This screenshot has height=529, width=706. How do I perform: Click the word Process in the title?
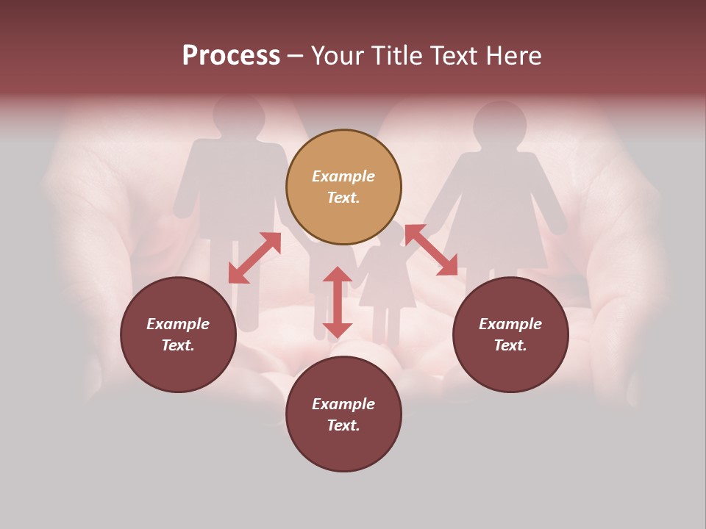coord(231,56)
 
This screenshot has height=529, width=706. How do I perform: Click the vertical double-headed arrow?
coord(338,302)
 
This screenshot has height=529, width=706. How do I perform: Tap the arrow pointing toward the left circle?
coord(254,258)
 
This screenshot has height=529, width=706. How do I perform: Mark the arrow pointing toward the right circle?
coord(431,250)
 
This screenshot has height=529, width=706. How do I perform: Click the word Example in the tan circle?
coord(343,176)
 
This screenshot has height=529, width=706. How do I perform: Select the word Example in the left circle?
coord(178,324)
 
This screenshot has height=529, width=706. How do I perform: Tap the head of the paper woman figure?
coord(499,123)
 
